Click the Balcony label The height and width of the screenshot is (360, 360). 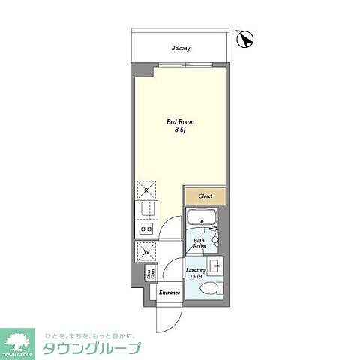(180, 49)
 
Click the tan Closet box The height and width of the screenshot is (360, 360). (205, 196)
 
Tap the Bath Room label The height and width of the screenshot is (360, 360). (199, 243)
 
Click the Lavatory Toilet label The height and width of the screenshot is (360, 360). (196, 274)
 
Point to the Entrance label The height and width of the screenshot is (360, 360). (169, 292)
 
